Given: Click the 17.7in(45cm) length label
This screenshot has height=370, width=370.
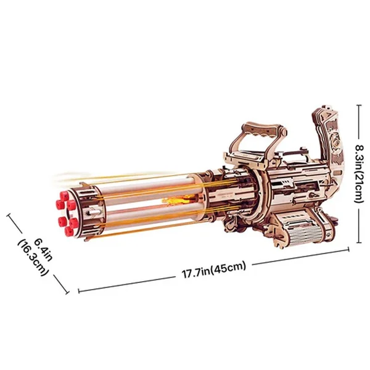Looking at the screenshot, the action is [x=214, y=269].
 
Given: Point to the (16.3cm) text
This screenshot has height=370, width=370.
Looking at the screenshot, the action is [x=33, y=258].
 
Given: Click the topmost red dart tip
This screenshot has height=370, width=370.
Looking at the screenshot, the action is [x=64, y=195].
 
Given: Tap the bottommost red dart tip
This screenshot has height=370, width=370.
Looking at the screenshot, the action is [x=70, y=231].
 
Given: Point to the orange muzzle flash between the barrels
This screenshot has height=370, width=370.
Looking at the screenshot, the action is [x=175, y=201].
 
